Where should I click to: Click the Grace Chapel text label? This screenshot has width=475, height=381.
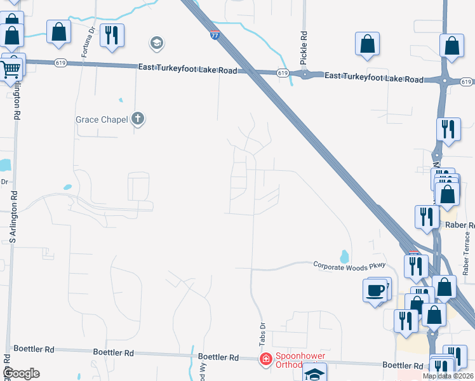102,119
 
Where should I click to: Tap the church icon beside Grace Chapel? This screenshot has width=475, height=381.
138,119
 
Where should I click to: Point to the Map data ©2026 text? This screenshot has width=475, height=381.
447,376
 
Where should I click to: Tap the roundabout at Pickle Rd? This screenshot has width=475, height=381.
305,75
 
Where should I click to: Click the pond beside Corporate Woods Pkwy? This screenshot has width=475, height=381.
344,257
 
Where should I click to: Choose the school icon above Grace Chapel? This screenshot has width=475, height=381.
156,43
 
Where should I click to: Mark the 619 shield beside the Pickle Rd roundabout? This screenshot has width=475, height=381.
283,74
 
